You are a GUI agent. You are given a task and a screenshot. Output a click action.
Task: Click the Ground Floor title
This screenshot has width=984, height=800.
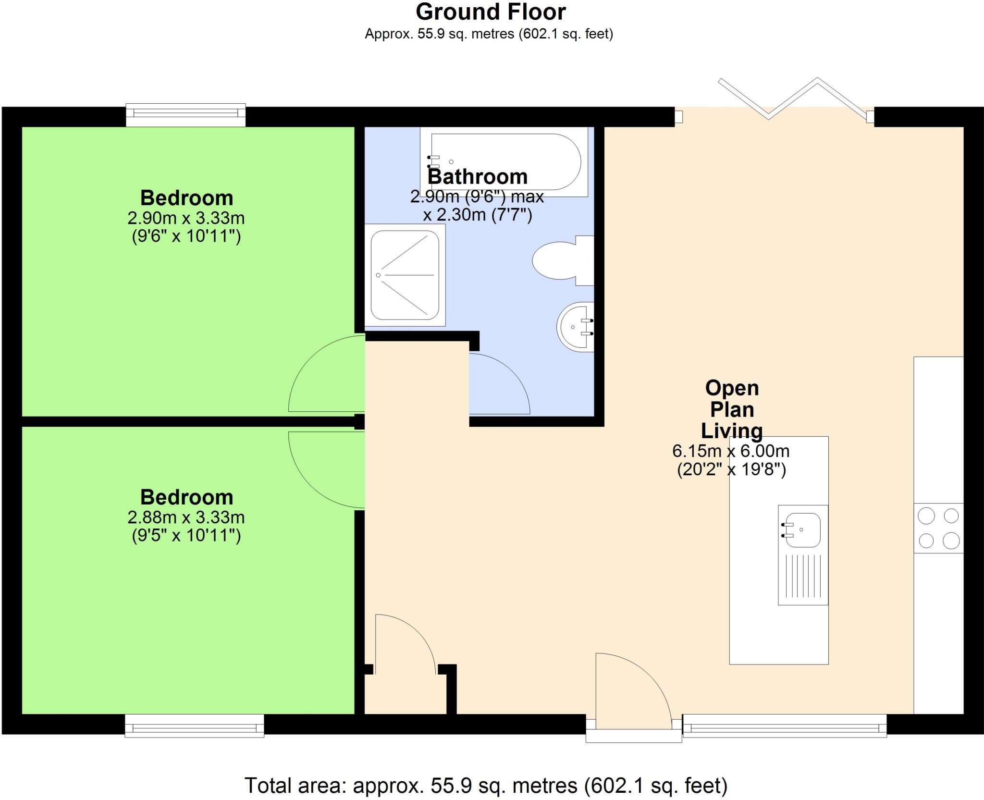click(x=491, y=12)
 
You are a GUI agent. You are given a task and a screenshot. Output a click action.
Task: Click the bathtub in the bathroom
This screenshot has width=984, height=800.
click(x=504, y=144)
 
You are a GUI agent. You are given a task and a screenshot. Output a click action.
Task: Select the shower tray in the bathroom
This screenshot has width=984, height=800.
click(x=405, y=275)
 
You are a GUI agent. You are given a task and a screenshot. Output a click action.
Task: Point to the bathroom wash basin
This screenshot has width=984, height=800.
click(x=576, y=327)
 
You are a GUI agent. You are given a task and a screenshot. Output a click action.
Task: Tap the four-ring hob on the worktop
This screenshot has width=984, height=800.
click(x=938, y=528)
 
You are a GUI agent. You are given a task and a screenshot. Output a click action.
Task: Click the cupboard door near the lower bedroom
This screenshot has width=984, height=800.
click(x=406, y=644)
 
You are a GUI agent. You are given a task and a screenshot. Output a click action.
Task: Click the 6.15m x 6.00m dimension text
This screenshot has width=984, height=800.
click(x=731, y=451)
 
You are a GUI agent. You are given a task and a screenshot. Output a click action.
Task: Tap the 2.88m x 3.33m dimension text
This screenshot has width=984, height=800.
click(x=186, y=517)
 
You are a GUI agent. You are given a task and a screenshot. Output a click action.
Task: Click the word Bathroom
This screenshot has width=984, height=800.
click(x=478, y=176)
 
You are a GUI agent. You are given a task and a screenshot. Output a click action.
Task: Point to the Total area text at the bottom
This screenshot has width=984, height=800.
click(x=486, y=786)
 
